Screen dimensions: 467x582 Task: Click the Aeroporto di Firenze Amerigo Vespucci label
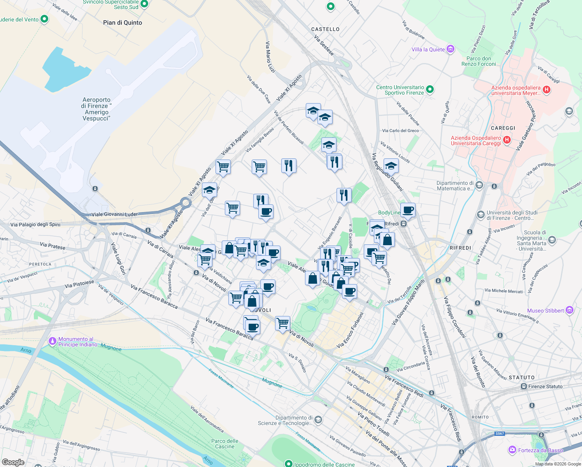click(x=96, y=109)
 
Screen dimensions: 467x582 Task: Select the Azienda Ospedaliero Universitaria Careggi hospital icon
click(x=507, y=140)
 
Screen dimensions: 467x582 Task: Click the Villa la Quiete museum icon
click(x=451, y=49)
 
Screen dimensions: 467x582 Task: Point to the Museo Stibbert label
click(x=545, y=311)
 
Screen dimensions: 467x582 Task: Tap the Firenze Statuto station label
click(x=545, y=386)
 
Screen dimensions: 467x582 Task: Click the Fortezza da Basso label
click(x=540, y=450)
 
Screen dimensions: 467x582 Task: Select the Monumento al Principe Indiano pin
click(x=52, y=341)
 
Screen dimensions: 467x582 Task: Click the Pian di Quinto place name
click(x=123, y=23)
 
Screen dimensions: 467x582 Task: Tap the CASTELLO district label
click(x=325, y=29)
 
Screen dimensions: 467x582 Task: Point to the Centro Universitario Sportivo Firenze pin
click(x=430, y=90)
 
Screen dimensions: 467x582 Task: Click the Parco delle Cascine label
click(x=225, y=444)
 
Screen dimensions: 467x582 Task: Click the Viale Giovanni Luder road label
click(x=114, y=214)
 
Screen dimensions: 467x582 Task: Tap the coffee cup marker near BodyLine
click(x=408, y=210)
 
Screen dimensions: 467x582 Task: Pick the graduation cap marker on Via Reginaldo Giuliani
click(x=391, y=166)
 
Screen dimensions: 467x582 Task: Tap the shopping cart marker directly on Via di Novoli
click(x=282, y=323)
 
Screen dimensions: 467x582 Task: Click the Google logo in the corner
click(x=13, y=462)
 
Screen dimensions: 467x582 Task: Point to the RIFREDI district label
click(x=460, y=248)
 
